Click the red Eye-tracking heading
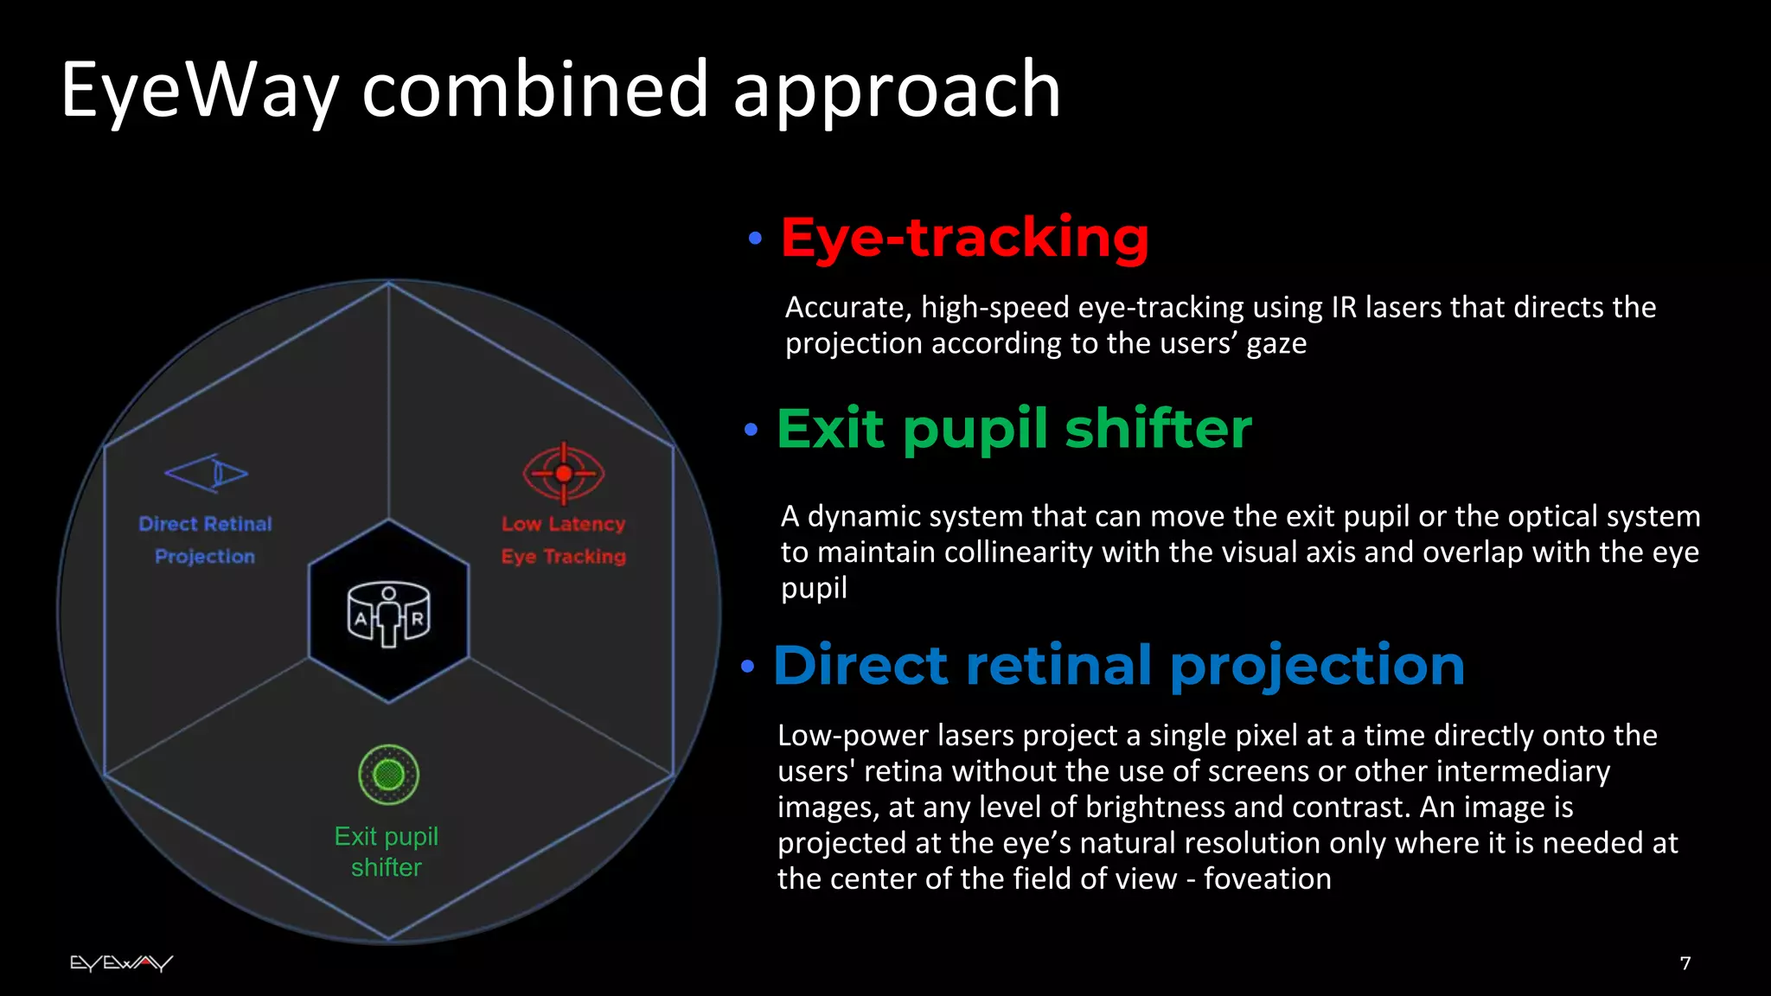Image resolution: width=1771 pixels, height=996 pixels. (964, 238)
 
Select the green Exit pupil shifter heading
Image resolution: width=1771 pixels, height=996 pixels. (1013, 429)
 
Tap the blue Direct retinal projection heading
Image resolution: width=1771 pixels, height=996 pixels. (1118, 666)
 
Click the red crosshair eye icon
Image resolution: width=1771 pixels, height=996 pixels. (564, 473)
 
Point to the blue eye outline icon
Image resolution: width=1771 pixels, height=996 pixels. (207, 473)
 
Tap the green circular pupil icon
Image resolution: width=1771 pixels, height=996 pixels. (388, 774)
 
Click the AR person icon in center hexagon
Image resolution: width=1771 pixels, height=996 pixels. (388, 615)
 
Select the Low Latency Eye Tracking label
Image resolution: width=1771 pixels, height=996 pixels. (564, 540)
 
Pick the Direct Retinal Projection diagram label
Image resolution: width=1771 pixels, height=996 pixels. (206, 540)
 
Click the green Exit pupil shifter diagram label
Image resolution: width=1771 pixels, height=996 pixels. (387, 852)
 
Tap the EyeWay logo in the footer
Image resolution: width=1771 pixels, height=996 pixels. (121, 963)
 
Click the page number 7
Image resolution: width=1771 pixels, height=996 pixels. (1685, 963)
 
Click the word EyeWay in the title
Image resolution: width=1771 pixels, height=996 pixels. (200, 91)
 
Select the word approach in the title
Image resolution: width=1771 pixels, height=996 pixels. (897, 91)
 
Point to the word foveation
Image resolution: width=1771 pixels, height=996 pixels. (1267, 879)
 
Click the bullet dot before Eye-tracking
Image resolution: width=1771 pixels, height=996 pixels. (755, 238)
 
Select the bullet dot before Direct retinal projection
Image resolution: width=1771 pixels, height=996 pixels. (748, 667)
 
